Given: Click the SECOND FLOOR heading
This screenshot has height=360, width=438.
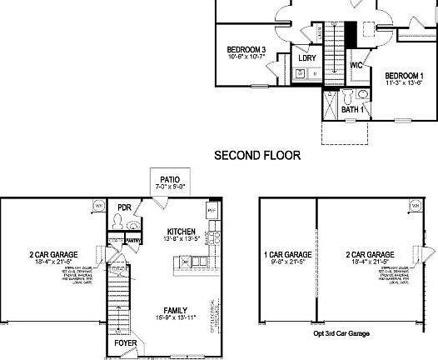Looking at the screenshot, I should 257,155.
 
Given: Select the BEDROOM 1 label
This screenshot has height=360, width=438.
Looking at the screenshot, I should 404,75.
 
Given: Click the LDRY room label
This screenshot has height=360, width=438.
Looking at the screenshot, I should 307,58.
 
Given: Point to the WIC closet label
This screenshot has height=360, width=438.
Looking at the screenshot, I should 356,65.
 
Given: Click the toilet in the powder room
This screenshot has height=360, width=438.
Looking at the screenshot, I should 120,222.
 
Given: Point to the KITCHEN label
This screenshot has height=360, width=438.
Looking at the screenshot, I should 181,231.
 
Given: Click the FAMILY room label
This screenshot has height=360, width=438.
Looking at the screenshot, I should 175,310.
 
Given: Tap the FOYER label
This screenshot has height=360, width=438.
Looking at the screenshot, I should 126,342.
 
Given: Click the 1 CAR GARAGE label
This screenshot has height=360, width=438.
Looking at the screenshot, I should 288,254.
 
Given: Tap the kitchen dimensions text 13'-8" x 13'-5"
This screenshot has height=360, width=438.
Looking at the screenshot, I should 181,239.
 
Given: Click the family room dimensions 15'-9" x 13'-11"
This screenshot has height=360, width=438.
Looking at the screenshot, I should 175,318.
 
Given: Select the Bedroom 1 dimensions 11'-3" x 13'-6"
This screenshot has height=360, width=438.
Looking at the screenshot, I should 404,83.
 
